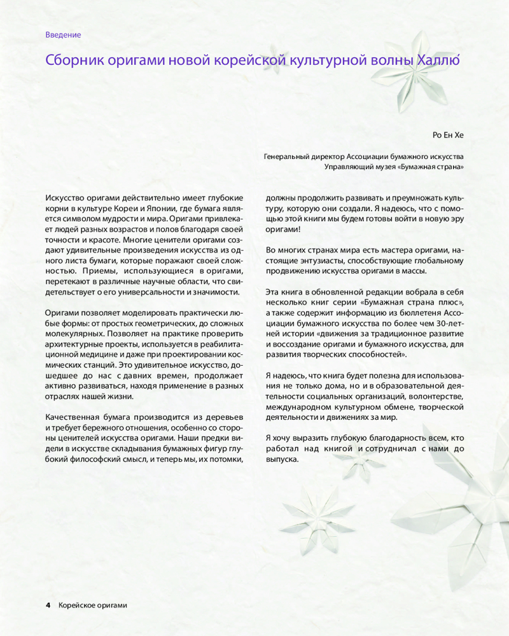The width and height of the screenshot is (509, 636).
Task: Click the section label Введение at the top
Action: pyautogui.click(x=63, y=35)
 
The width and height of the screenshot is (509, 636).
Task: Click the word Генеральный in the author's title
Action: pyautogui.click(x=287, y=156)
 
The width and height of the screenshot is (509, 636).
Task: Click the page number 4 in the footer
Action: pyautogui.click(x=48, y=605)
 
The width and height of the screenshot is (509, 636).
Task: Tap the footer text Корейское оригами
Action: pyautogui.click(x=92, y=605)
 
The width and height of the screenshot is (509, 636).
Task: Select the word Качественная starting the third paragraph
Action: pyautogui.click(x=73, y=417)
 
